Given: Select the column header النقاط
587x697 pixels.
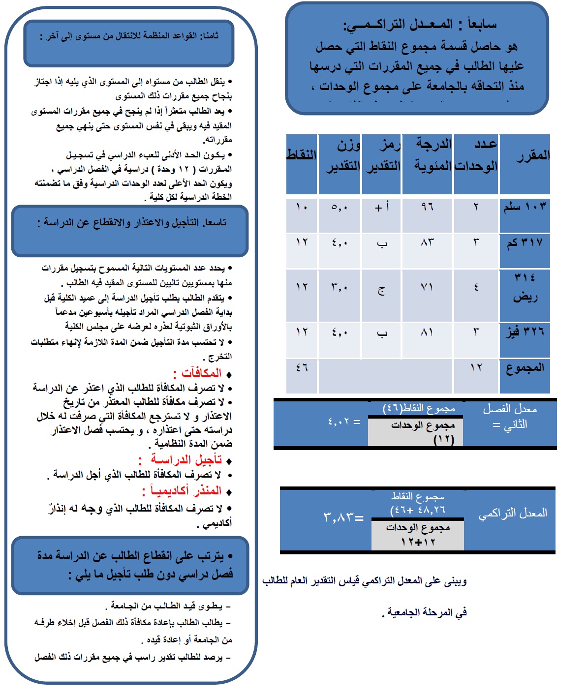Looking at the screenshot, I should [302, 155].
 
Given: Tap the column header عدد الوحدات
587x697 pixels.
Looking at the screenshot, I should [476, 155].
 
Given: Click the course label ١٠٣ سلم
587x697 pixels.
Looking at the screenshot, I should [525, 207].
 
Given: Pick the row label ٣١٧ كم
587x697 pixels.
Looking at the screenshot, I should [525, 242].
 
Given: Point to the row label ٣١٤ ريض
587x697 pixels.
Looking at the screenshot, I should [525, 288].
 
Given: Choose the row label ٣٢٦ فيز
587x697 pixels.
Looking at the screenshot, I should [525, 332].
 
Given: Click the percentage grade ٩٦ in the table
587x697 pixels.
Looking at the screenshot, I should [427, 207].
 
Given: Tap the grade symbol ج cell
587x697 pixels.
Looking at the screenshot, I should [382, 291].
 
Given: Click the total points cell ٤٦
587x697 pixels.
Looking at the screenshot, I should [302, 367].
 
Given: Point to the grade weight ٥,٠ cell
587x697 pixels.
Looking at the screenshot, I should [340, 207].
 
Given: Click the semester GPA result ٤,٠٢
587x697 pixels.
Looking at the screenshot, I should [343, 422].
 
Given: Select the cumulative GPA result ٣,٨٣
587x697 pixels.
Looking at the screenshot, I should [343, 517].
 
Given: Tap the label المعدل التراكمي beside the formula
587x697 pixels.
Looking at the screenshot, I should [513, 514].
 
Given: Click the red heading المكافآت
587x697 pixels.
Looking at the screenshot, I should [201, 373].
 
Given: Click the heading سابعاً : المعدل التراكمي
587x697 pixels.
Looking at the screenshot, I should [419, 24].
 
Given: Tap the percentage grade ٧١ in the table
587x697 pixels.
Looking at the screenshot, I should [427, 287].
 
